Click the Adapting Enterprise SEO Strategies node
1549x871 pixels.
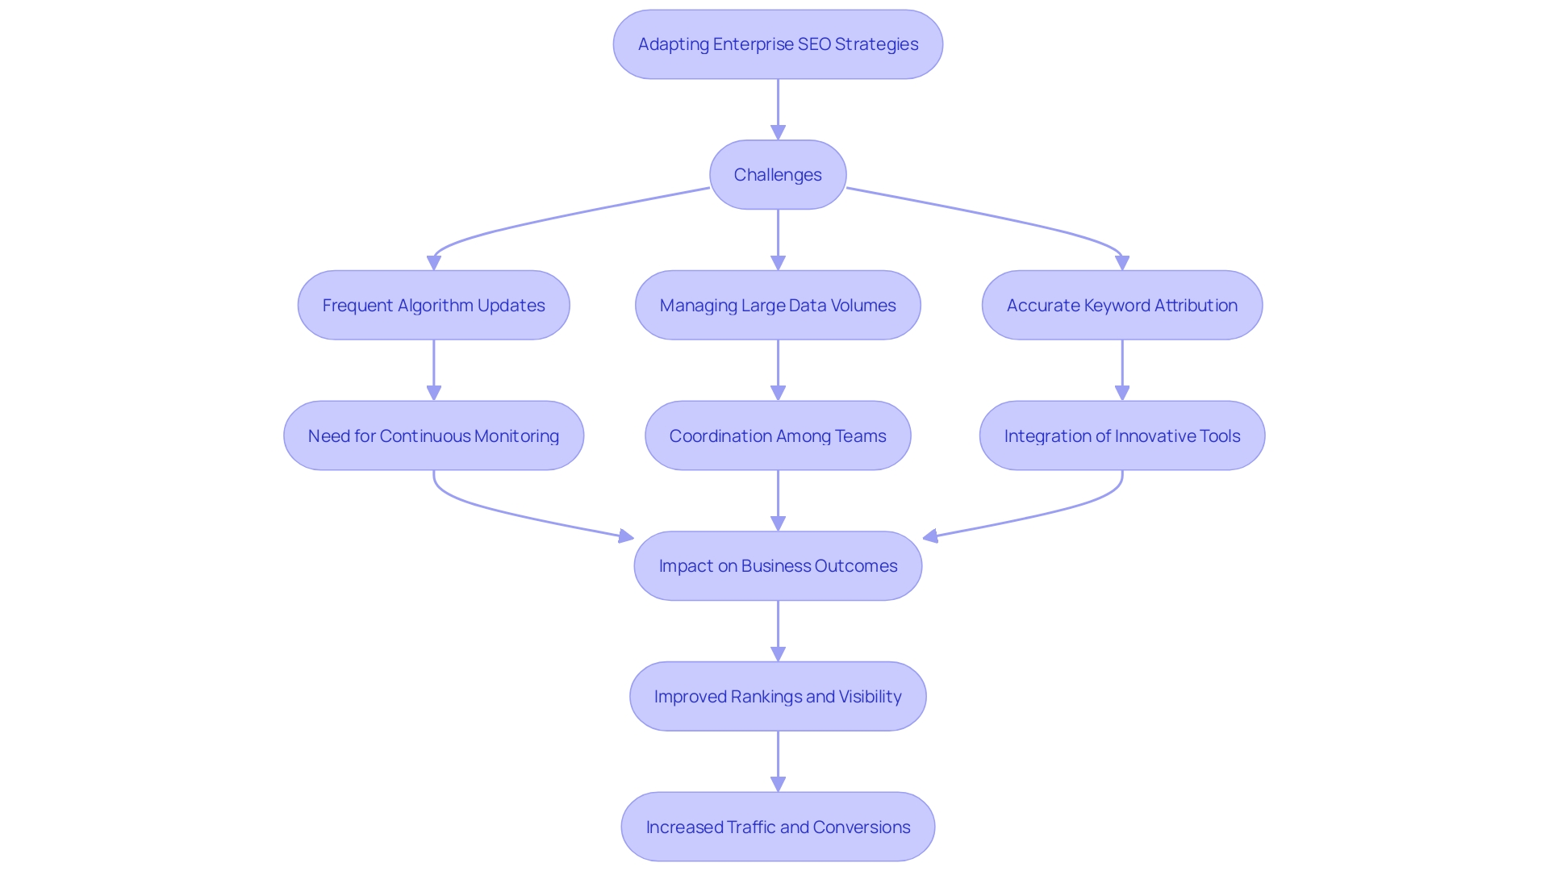coord(778,44)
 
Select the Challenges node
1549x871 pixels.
coord(778,175)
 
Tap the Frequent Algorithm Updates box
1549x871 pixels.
coord(433,306)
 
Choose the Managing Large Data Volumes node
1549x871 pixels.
coord(778,306)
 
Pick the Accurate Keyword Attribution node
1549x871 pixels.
coord(1121,306)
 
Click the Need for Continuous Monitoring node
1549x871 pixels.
coord(433,436)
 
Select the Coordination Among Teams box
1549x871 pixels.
coord(778,436)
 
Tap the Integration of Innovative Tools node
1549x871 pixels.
coord(1121,436)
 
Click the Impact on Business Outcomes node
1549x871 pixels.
coord(778,566)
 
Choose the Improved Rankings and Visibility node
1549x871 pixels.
coord(778,697)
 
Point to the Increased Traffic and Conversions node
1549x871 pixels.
coord(778,827)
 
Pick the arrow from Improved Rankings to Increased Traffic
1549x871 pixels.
coord(778,761)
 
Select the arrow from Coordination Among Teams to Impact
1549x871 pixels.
coord(778,500)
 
